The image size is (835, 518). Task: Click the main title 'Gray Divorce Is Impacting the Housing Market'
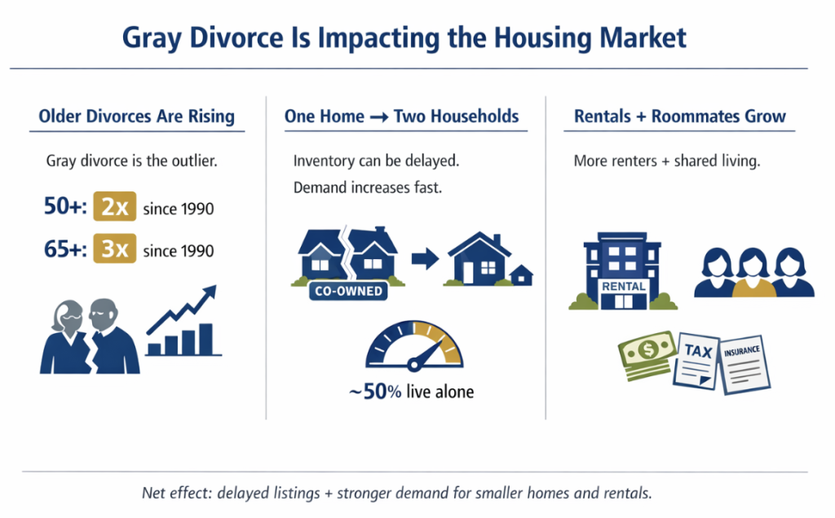(x=404, y=37)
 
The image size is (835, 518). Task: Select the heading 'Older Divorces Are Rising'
(x=136, y=116)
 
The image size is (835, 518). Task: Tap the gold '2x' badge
(x=115, y=209)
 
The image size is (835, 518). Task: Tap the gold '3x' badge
(x=115, y=248)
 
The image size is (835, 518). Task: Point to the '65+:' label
(x=65, y=248)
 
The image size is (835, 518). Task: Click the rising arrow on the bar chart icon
(x=183, y=309)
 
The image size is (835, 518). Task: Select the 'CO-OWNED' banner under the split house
(x=347, y=291)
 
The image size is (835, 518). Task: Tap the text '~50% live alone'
(x=411, y=392)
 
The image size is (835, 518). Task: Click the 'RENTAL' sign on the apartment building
(x=623, y=287)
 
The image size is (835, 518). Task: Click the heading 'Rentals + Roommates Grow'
(x=680, y=116)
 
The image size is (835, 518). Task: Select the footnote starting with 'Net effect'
(x=397, y=493)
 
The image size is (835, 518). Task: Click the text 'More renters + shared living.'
(x=666, y=161)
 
